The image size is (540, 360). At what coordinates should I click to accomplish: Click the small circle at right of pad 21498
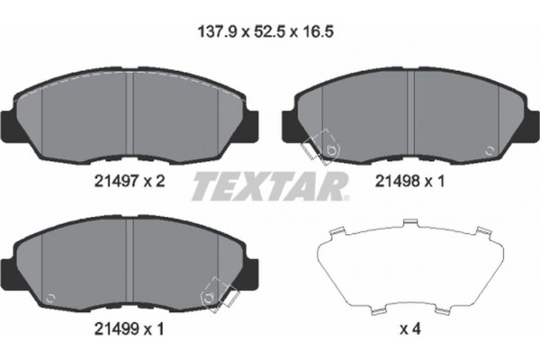pos(487,148)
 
